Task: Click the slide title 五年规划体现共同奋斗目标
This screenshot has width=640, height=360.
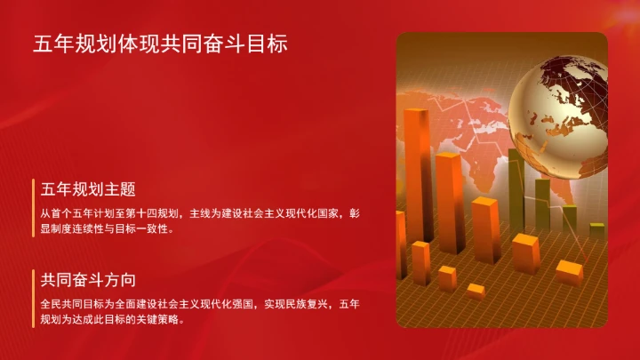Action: [160, 44]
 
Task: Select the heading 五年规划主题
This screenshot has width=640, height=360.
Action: [87, 189]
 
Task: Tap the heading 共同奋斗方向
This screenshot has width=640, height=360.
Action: [87, 280]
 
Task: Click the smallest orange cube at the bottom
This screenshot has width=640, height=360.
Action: [476, 290]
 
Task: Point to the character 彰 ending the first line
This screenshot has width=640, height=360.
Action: [355, 213]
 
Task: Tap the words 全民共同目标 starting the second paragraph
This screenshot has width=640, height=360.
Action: [71, 304]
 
